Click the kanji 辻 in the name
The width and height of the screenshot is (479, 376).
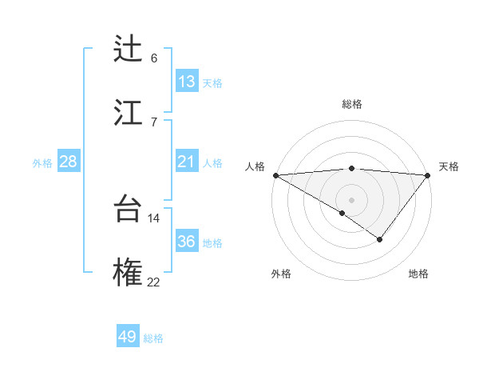click(x=128, y=49)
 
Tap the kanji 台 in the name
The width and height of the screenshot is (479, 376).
click(x=128, y=209)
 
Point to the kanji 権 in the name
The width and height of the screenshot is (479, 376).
click(x=128, y=272)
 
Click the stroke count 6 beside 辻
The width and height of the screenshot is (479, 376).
click(x=154, y=58)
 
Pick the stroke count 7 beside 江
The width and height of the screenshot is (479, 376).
click(x=154, y=122)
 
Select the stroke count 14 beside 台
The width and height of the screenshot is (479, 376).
click(x=154, y=218)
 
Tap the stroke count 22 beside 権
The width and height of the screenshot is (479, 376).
click(x=154, y=281)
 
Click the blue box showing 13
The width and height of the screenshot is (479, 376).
click(x=187, y=82)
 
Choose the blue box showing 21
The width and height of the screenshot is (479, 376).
click(x=187, y=162)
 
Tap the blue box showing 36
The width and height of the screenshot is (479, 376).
click(x=187, y=242)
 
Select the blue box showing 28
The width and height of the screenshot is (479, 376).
click(x=69, y=162)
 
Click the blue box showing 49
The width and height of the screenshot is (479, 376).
click(x=128, y=337)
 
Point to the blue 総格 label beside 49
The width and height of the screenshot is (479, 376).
click(x=153, y=338)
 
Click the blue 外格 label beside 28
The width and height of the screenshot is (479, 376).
click(x=42, y=163)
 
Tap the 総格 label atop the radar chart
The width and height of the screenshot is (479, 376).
click(x=351, y=104)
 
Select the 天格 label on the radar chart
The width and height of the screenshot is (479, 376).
click(x=449, y=166)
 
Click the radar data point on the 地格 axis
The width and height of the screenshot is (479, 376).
click(x=380, y=239)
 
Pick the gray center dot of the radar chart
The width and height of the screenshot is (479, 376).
click(x=351, y=199)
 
